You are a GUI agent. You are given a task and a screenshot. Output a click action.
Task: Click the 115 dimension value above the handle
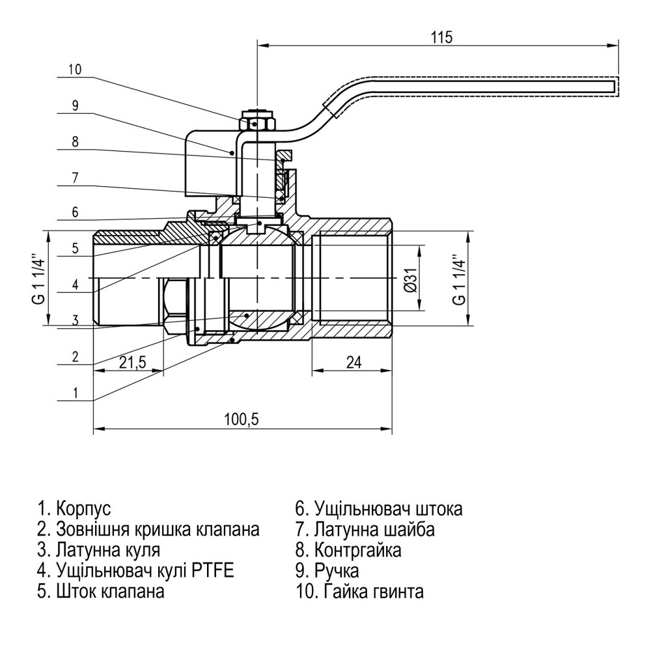[441, 37]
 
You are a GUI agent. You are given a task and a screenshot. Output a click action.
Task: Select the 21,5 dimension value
[132, 363]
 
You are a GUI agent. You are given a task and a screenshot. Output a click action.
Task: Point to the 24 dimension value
[353, 363]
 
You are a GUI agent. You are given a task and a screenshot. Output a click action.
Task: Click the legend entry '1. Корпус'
[75, 508]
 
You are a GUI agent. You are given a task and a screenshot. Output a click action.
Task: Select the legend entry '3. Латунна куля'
[98, 550]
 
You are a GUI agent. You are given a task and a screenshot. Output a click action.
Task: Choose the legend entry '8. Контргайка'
[348, 550]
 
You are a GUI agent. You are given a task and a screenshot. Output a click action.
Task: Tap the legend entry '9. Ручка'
[327, 571]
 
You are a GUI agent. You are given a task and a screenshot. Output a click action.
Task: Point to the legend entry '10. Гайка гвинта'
[359, 592]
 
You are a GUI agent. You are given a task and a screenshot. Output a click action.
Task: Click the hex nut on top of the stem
[258, 122]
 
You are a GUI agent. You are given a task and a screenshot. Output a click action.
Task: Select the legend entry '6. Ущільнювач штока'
[379, 508]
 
